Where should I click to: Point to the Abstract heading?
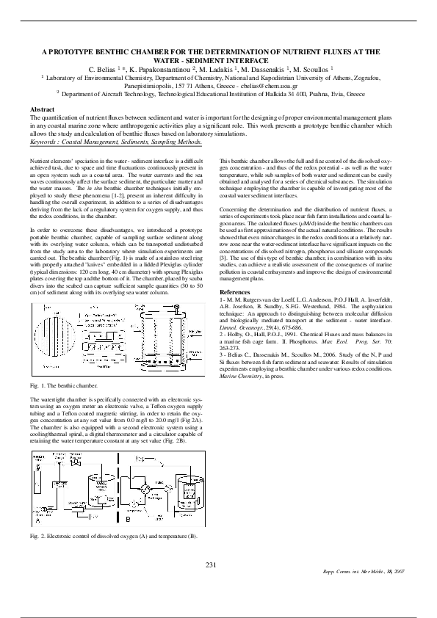(41, 109)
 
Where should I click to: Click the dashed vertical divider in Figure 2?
(121, 489)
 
